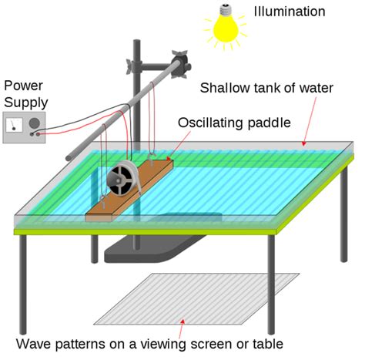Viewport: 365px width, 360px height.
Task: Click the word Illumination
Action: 289,12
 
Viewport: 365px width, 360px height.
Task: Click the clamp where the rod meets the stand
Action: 182,62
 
